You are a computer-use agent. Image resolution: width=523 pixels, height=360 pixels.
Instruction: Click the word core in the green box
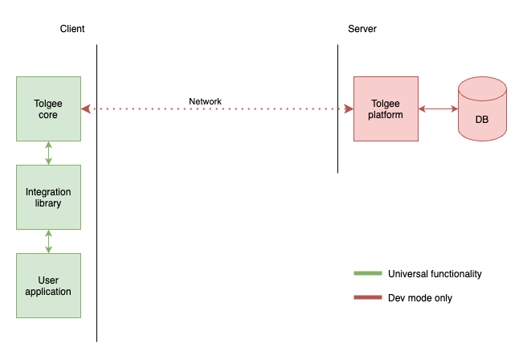pos(48,115)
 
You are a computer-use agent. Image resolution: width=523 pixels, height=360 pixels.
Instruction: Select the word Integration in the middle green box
pos(48,192)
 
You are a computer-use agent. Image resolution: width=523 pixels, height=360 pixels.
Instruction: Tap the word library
pos(48,203)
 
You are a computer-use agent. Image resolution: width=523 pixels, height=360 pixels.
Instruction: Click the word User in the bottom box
pos(48,280)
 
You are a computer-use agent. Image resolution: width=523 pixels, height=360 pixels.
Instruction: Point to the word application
pos(48,292)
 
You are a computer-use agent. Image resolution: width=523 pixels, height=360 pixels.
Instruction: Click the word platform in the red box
pos(386,115)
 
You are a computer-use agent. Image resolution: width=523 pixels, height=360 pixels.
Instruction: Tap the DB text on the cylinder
pos(482,120)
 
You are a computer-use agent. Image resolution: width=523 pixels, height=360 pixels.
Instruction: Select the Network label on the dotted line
pos(205,102)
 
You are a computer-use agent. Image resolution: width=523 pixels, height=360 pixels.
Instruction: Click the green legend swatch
pos(368,273)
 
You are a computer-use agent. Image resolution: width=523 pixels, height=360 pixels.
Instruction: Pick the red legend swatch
pos(368,297)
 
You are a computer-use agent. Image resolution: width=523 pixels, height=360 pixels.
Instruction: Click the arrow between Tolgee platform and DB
pos(438,108)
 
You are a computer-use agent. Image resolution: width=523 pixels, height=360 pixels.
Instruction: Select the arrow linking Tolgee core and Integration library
pos(48,153)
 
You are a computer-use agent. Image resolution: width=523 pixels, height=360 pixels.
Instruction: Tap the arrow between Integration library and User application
pos(48,241)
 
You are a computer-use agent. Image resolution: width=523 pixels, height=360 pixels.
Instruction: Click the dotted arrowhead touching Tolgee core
pos(85,108)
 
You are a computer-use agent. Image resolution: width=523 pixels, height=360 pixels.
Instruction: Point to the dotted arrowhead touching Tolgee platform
pos(349,108)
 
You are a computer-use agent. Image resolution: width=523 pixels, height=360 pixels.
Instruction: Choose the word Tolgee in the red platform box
pos(386,104)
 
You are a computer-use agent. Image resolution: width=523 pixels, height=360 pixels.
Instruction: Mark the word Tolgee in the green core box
pos(48,104)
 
